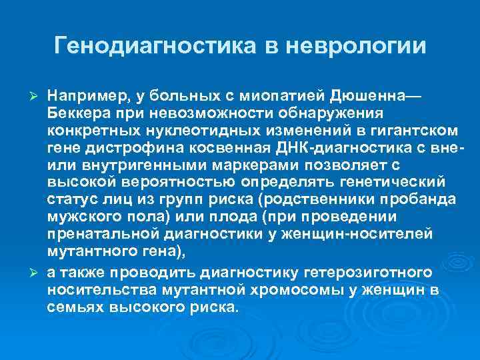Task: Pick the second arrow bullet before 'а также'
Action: [x=38, y=274]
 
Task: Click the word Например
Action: [x=81, y=97]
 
